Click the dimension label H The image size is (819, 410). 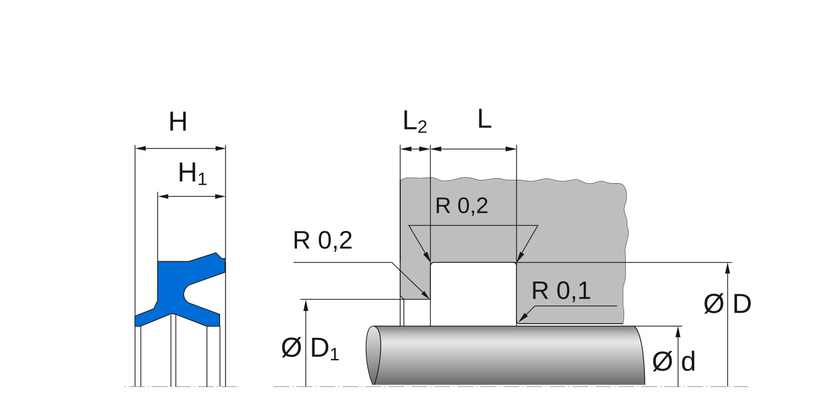[x=178, y=122]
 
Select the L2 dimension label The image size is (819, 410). [x=414, y=123]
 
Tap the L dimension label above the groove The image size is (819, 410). [x=484, y=120]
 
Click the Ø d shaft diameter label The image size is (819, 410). [x=674, y=361]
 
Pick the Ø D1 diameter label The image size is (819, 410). [x=310, y=349]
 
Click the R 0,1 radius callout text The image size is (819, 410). [x=561, y=292]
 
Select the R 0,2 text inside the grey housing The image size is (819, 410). [x=461, y=206]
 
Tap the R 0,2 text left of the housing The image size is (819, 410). [x=323, y=241]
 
